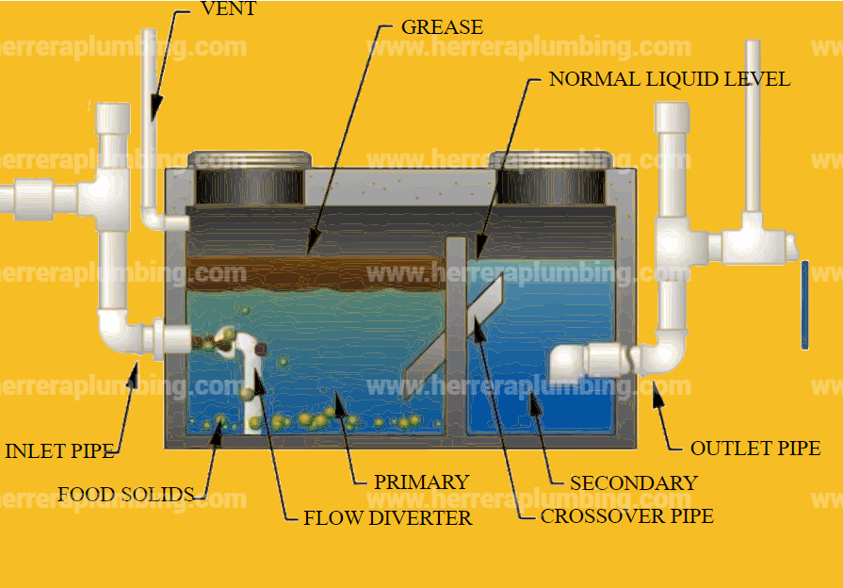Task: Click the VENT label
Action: (229, 9)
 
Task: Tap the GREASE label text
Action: (442, 26)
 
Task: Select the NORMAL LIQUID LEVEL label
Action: (669, 79)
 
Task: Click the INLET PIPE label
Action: (59, 451)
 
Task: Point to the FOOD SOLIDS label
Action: (125, 495)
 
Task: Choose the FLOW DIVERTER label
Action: (387, 517)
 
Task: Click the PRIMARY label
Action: (421, 482)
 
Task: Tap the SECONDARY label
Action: (633, 483)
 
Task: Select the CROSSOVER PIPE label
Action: (626, 516)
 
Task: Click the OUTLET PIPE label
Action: (755, 449)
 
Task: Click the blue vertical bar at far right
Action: (804, 304)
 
